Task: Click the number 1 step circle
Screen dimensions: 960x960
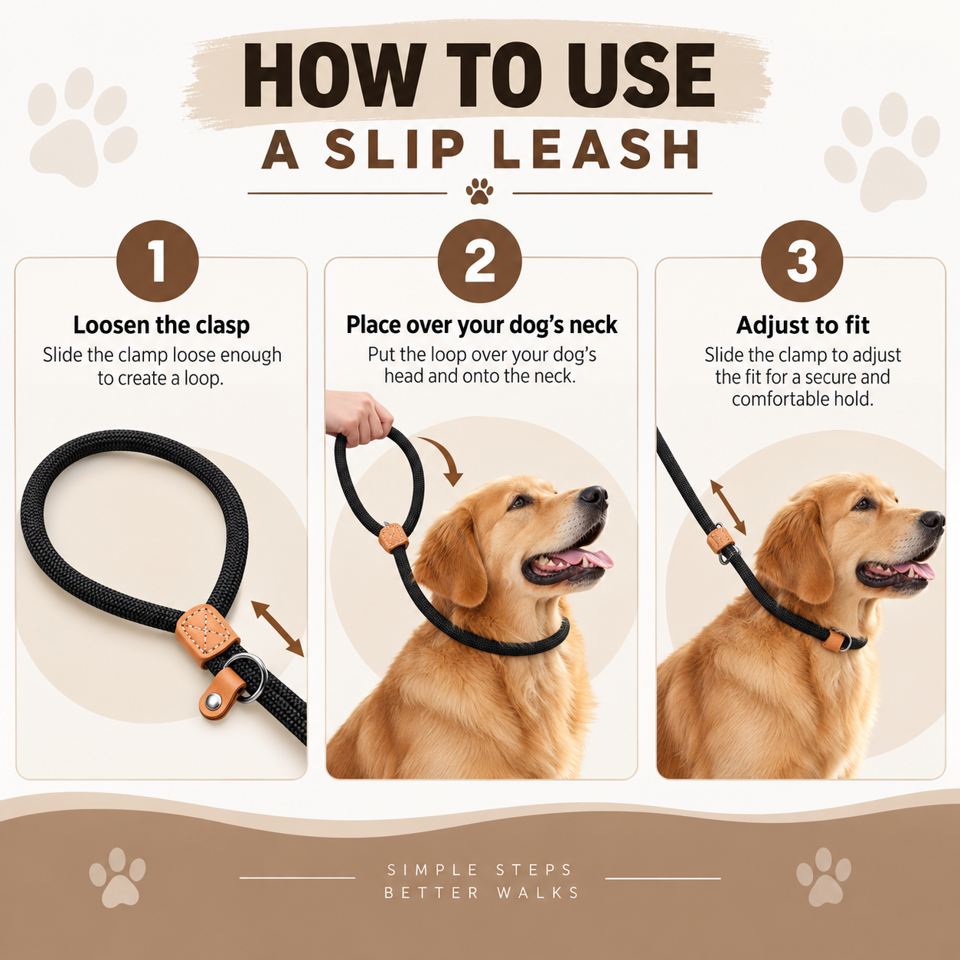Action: coord(158,261)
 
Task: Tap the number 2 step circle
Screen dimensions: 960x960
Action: coord(480,261)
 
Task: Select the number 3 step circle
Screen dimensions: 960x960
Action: coord(802,261)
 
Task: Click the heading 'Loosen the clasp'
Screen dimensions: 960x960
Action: coord(162,325)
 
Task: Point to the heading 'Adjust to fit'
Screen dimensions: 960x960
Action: coord(802,325)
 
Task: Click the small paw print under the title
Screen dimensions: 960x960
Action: coord(480,191)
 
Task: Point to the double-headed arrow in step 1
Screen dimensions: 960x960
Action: coord(277,629)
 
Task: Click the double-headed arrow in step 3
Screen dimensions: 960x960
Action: coord(728,507)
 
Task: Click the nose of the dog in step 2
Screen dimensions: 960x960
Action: coord(594,495)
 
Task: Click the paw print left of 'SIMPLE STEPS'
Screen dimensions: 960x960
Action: coord(118,877)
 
